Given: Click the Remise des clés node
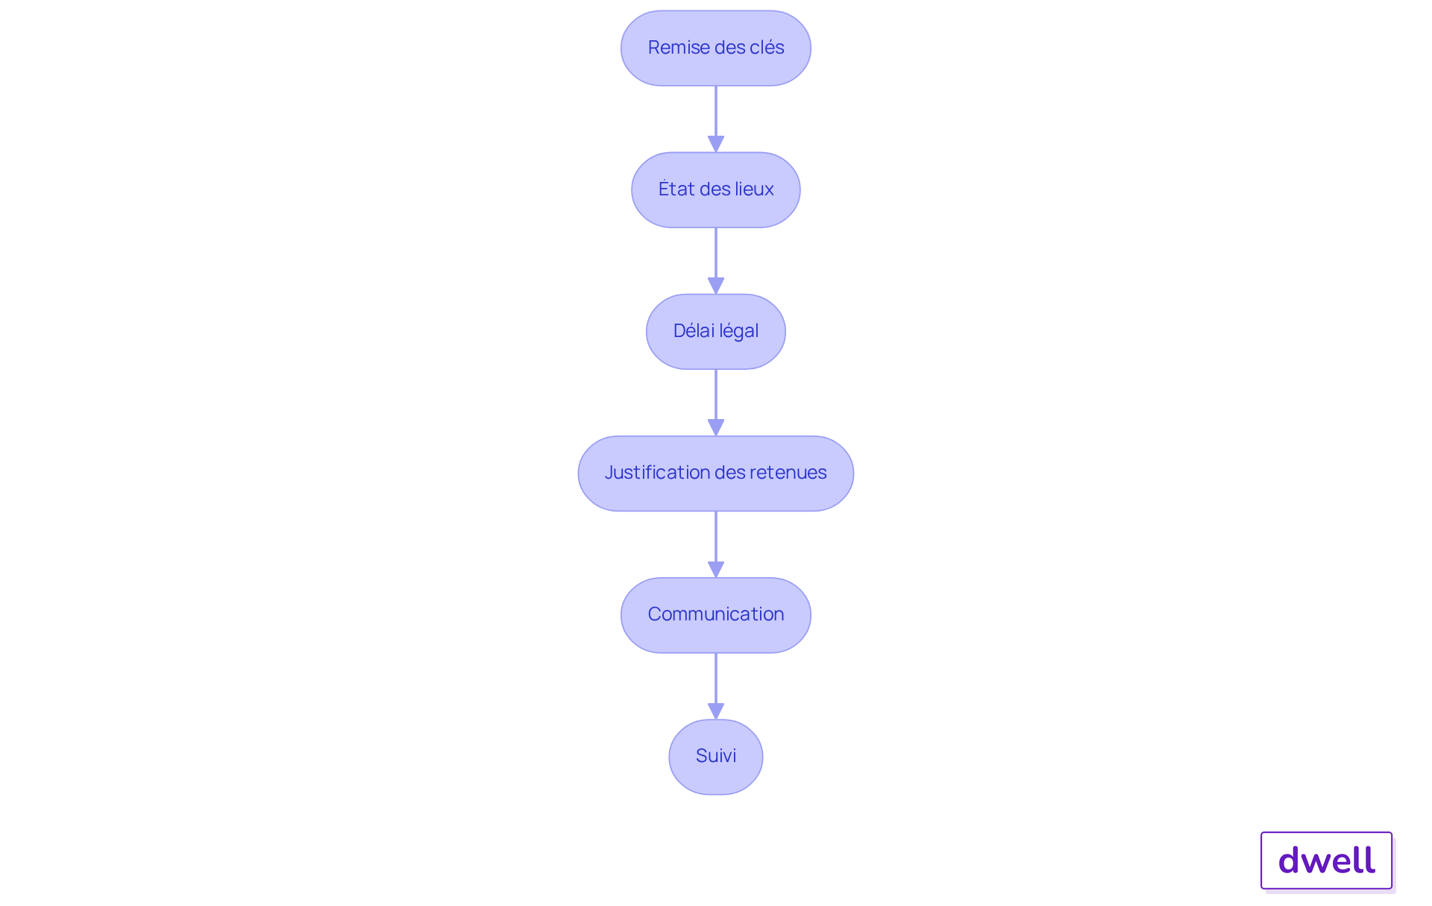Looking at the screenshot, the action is coord(716,48).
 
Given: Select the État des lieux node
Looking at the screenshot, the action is coord(716,189).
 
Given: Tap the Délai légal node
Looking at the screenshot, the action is coord(716,331).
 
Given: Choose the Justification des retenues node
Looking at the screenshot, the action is coord(716,473).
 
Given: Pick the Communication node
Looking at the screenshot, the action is coord(716,614).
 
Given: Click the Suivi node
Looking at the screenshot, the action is coord(716,756).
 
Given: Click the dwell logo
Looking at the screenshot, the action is coord(1327,861).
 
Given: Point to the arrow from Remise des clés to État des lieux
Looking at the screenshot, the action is coord(716,119).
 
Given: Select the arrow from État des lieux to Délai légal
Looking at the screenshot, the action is coord(716,261).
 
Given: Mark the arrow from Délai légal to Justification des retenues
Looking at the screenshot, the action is coord(716,403).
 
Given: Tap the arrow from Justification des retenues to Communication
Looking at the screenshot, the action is coord(716,544).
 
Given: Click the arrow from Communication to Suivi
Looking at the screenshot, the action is coord(716,686).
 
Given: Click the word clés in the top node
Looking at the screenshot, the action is coord(767,47).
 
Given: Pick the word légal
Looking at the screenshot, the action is coord(738,331).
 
